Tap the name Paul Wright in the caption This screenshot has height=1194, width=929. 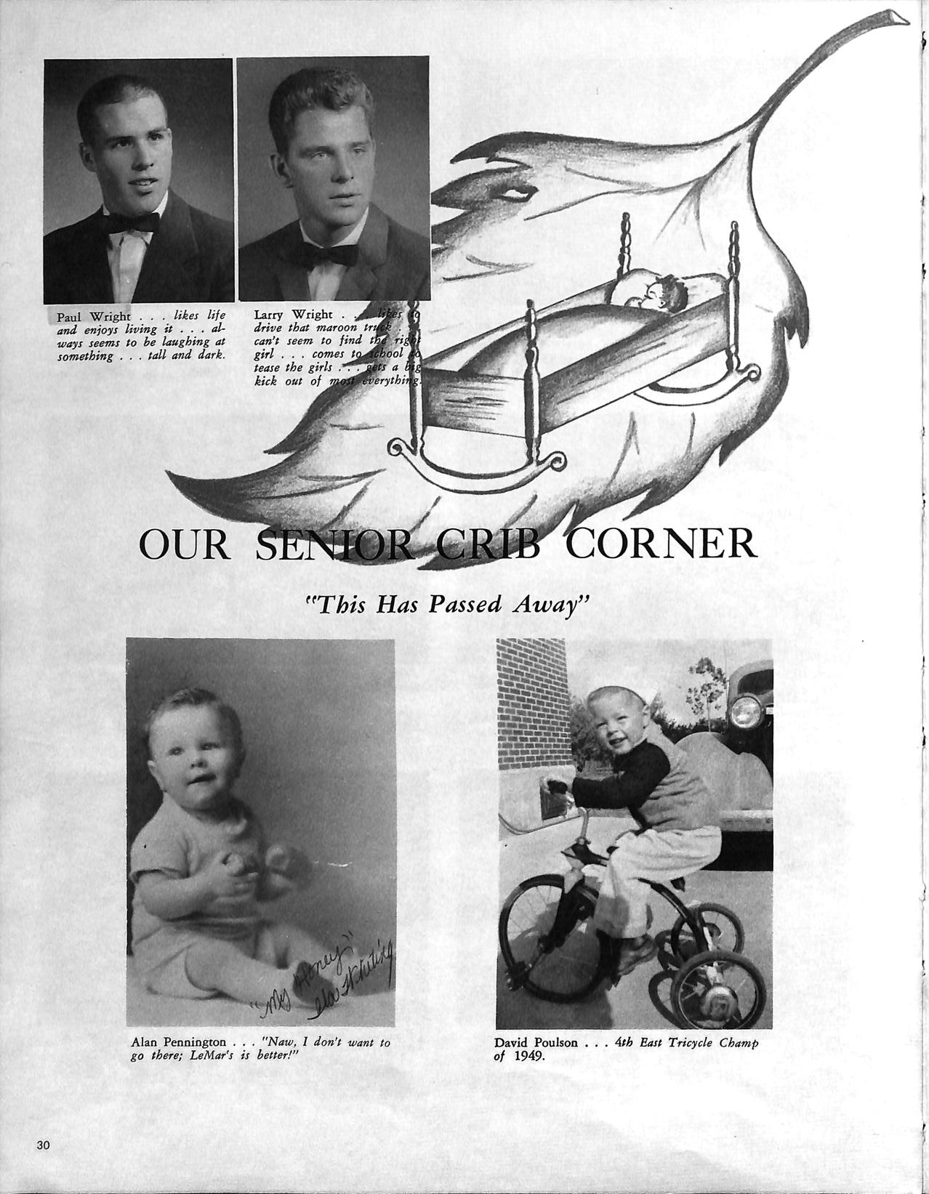94,316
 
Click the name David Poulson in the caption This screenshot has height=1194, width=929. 536,1042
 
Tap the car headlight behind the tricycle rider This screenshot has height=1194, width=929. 744,711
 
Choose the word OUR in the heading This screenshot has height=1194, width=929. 183,545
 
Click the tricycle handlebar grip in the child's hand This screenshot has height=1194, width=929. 557,787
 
